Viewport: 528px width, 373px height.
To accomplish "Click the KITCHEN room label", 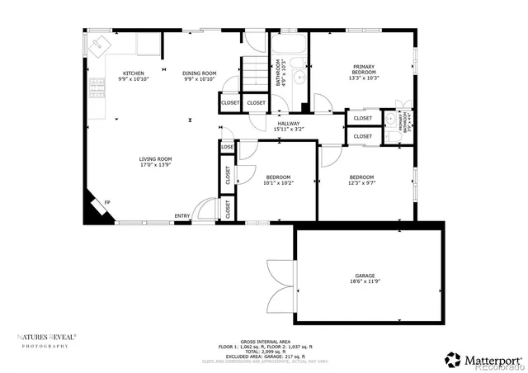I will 133,73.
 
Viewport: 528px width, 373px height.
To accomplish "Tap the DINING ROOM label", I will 199,73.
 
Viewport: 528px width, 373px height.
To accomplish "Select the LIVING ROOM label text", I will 155,159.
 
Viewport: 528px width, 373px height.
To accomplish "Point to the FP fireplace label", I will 106,202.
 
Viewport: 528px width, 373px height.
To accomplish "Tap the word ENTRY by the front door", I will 182,217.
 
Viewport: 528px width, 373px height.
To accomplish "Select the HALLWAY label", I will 288,123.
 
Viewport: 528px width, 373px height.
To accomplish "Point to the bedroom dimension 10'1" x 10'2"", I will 278,182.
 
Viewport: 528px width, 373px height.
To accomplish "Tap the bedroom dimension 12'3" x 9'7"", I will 361,182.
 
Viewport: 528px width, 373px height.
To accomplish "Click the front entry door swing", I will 200,211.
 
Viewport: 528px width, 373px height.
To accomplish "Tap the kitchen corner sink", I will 101,45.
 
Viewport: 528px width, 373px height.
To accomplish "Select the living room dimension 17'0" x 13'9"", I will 155,166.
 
